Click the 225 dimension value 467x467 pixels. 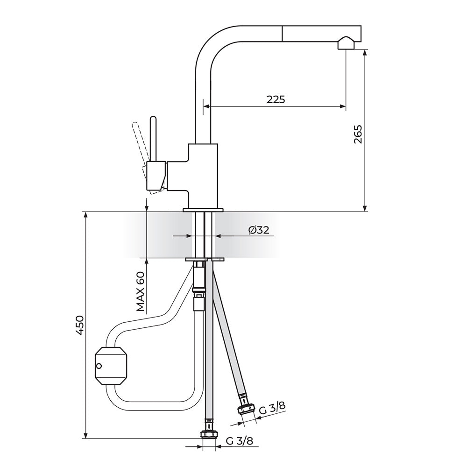[276, 99]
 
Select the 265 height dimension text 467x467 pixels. [358, 134]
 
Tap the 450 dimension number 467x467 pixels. [80, 325]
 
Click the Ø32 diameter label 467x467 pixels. [259, 230]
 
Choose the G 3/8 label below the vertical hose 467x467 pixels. [240, 441]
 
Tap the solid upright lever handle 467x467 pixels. [153, 139]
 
